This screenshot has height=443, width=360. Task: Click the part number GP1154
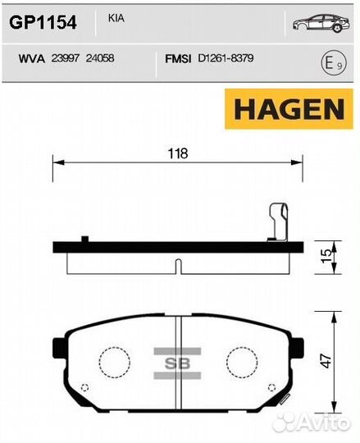click(x=43, y=21)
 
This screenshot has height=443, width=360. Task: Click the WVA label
click(x=28, y=57)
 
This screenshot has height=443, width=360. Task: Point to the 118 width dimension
click(x=178, y=153)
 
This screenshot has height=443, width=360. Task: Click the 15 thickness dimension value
click(x=326, y=257)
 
